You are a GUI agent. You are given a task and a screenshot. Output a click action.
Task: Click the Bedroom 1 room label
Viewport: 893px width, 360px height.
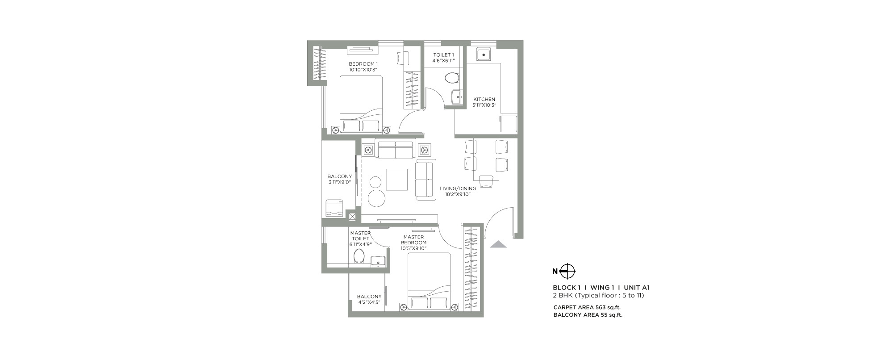coord(363,64)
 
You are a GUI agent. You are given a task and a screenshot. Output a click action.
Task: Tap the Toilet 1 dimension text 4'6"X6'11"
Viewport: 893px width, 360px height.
coord(443,60)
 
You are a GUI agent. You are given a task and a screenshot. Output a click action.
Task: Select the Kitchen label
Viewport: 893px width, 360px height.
coord(484,100)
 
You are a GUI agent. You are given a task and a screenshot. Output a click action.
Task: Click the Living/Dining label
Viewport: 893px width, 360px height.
coord(458,188)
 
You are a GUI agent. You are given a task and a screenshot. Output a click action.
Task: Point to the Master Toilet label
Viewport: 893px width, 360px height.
coord(360,236)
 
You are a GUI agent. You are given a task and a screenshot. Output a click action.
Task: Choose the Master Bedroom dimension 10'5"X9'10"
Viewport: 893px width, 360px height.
coord(413,248)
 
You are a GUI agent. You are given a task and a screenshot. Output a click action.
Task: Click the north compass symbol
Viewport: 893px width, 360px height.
coord(568,271)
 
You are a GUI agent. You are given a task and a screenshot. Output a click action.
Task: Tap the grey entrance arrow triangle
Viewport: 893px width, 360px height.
coord(498,244)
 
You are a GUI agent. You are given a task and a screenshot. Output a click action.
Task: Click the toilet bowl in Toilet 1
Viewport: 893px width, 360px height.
coord(452,78)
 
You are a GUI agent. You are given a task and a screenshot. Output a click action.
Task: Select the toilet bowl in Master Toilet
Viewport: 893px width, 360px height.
coord(359,256)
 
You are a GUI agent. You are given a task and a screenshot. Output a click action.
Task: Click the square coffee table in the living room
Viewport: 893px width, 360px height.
coord(397,179)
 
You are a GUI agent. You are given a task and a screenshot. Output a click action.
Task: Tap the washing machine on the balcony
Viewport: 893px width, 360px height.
coord(334,209)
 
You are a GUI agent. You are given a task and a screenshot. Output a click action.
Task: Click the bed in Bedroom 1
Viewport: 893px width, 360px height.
coord(361,105)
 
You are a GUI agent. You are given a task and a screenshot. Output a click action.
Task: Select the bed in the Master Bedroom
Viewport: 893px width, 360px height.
coord(429,281)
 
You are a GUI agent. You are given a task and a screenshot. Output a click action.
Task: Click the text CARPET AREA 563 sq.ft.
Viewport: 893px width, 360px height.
coord(587,307)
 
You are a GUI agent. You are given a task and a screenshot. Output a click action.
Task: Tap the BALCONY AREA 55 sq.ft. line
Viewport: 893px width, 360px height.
coord(588,315)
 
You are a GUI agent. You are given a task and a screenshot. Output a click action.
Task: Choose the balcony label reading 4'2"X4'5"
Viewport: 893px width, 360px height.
coord(369,302)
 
